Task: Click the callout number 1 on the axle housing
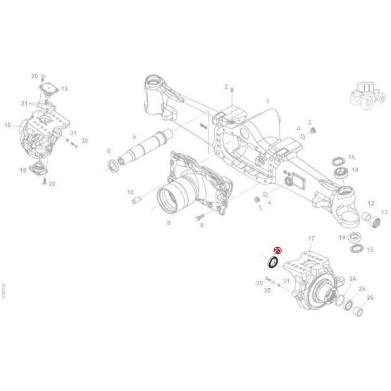[x=268, y=101]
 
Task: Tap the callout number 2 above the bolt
[x=226, y=87]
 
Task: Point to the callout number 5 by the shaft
[x=134, y=137]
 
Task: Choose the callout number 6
[x=108, y=151]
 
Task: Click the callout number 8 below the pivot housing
[x=168, y=223]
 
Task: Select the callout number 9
[x=202, y=225]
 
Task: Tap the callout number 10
[x=131, y=192]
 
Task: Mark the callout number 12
[x=371, y=203]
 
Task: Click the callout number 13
[x=384, y=212]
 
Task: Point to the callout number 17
[x=311, y=239]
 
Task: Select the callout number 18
[x=7, y=126]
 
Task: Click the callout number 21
[x=24, y=103]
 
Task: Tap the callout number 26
[x=369, y=298]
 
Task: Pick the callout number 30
[x=84, y=141]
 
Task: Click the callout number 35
[x=259, y=283]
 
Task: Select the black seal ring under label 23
[x=273, y=262]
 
